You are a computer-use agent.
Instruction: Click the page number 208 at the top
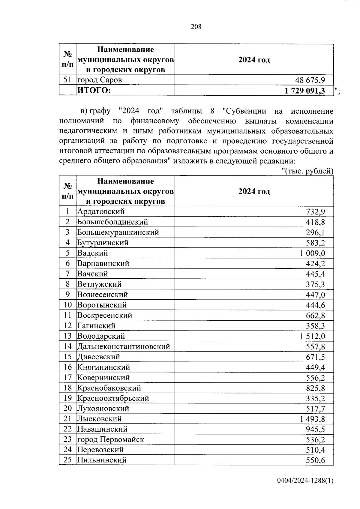[196, 27]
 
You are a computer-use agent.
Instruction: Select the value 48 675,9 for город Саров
[310, 80]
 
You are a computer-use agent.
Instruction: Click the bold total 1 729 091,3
[305, 91]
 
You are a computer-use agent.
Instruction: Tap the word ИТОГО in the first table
[94, 90]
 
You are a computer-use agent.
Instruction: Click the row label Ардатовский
[101, 211]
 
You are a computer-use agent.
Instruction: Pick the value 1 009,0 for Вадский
[312, 253]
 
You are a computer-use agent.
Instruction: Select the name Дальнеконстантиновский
[124, 346]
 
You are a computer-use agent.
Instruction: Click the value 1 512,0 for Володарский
[312, 336]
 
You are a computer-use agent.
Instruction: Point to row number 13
[68, 336]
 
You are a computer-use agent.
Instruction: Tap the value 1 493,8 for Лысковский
[312, 419]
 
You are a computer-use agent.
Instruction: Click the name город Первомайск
[110, 439]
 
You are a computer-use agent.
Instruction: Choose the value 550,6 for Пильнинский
[315, 460]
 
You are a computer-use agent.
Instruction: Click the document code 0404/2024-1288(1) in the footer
[305, 481]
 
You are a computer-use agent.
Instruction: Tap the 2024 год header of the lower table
[254, 191]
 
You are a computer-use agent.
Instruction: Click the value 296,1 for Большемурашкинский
[315, 232]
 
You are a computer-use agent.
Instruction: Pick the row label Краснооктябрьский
[113, 398]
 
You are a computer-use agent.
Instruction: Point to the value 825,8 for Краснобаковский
[315, 388]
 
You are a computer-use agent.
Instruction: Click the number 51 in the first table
[68, 80]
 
